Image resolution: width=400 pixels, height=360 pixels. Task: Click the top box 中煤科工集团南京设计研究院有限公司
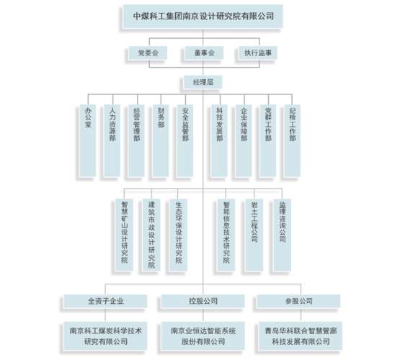pyautogui.click(x=203, y=16)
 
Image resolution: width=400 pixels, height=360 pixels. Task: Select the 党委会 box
pyautogui.click(x=148, y=53)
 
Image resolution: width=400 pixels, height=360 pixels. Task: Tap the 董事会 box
pyautogui.click(x=204, y=53)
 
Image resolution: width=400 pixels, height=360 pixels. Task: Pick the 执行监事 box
pyautogui.click(x=257, y=53)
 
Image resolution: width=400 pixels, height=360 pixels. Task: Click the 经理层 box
pyautogui.click(x=203, y=82)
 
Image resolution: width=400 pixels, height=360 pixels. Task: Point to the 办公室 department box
pyautogui.click(x=88, y=140)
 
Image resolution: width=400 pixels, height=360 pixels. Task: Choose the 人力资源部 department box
pyautogui.click(x=112, y=140)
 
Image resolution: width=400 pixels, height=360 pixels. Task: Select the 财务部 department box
pyautogui.click(x=161, y=140)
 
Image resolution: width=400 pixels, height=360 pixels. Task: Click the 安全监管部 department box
pyautogui.click(x=185, y=140)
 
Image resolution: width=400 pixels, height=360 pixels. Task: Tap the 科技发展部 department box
pyautogui.click(x=219, y=140)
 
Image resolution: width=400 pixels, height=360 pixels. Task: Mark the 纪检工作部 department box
pyautogui.click(x=292, y=140)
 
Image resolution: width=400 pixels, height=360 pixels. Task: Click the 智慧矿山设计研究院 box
pyautogui.click(x=124, y=235)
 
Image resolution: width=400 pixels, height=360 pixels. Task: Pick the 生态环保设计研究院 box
pyautogui.click(x=178, y=235)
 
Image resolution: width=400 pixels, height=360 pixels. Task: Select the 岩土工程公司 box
pyautogui.click(x=254, y=235)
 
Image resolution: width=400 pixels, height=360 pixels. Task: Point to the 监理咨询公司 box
pyautogui.click(x=282, y=235)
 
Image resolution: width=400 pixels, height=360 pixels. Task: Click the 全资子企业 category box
pyautogui.click(x=105, y=301)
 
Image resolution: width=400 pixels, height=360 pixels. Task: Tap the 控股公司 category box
pyautogui.click(x=203, y=301)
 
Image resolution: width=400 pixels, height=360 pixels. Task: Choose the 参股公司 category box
pyautogui.click(x=298, y=301)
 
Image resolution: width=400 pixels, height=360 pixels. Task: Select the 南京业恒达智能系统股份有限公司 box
pyautogui.click(x=203, y=336)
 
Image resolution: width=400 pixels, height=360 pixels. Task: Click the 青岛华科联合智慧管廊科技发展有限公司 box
pyautogui.click(x=301, y=336)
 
